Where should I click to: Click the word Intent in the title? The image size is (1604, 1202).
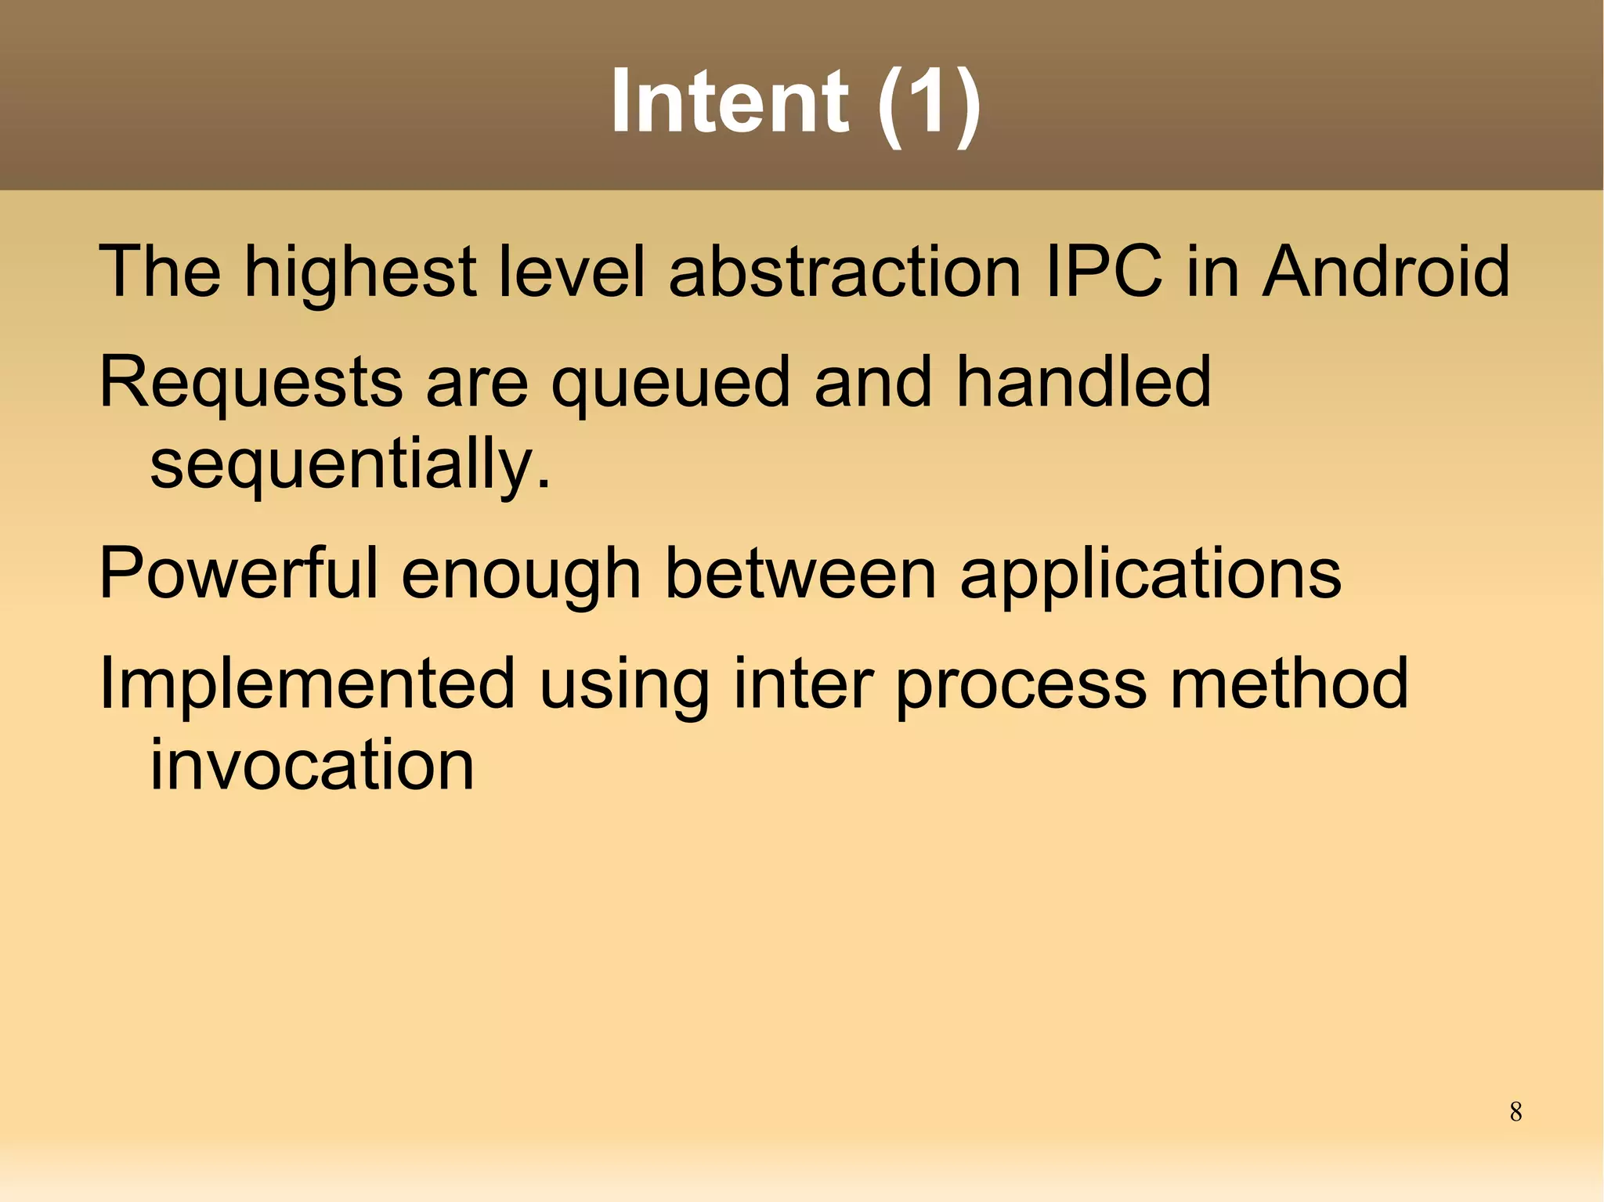pos(729,102)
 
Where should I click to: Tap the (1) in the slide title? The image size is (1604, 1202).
pos(928,102)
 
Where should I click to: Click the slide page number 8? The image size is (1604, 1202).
pos(1515,1111)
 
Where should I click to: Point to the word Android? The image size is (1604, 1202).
pos(1385,272)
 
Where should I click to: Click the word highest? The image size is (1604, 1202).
pos(360,273)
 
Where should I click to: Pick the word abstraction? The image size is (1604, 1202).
pos(845,272)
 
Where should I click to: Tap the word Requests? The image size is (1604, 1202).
pos(251,384)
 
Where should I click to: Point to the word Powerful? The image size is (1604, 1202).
pos(239,573)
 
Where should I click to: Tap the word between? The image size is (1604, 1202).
pos(800,573)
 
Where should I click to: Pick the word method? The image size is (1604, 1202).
pos(1289,683)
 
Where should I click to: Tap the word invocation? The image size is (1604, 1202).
pos(312,764)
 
